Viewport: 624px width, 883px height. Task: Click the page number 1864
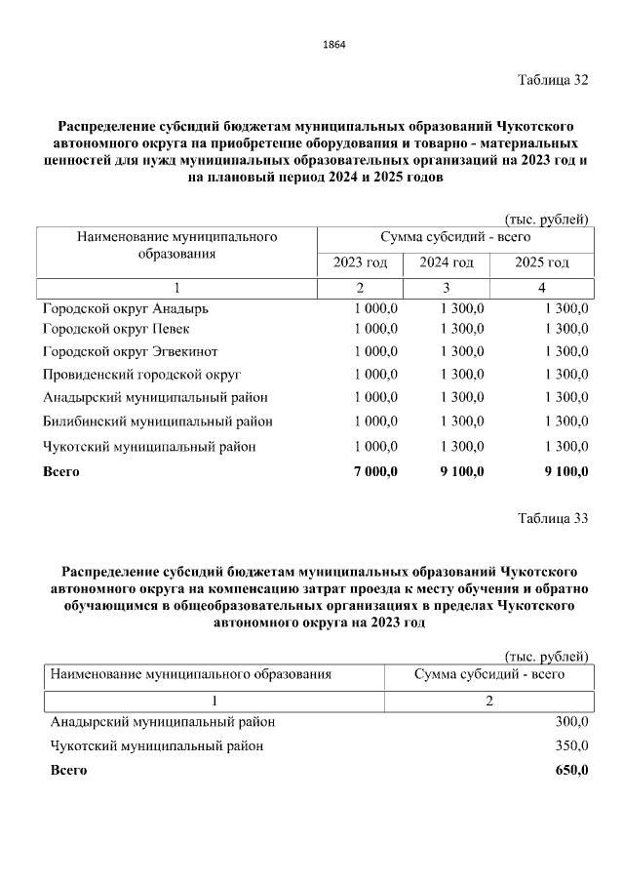pos(333,45)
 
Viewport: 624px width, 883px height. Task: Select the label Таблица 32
pos(553,80)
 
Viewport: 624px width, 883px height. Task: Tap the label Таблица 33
pos(553,518)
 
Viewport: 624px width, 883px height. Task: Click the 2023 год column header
pos(361,263)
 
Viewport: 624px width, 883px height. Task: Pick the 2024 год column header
pos(447,263)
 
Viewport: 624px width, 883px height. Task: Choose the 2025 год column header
pos(542,263)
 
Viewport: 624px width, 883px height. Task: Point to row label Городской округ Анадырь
pos(126,308)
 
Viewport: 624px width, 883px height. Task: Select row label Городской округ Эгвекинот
pos(130,351)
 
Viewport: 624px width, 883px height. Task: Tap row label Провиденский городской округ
pos(141,375)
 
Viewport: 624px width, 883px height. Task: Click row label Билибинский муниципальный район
pos(157,421)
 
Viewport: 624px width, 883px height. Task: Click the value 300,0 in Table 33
pos(570,722)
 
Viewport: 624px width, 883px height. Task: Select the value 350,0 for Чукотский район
pos(570,746)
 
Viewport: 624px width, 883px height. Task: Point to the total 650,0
pos(570,771)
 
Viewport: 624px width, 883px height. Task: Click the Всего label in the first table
pos(61,471)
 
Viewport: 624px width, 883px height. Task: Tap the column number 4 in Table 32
pos(542,288)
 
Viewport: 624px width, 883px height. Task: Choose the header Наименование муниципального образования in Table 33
pos(191,674)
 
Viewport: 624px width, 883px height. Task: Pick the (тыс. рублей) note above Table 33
pos(546,655)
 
